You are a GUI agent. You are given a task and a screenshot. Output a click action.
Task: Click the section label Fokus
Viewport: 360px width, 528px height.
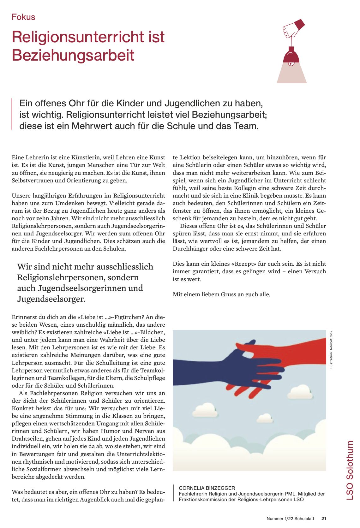(x=23, y=17)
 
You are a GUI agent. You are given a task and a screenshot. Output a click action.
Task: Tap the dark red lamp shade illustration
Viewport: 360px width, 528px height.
(x=291, y=56)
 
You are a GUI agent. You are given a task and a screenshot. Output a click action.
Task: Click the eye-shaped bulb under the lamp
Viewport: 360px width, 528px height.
(x=291, y=64)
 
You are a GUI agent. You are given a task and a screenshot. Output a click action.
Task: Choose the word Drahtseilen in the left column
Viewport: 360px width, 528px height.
(x=28, y=439)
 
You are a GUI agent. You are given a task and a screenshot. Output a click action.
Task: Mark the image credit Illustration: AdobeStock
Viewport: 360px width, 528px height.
(x=331, y=350)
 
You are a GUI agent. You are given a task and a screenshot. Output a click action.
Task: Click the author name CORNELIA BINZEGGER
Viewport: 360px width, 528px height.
(x=207, y=488)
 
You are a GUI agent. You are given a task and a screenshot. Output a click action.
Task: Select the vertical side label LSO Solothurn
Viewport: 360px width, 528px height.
(x=350, y=470)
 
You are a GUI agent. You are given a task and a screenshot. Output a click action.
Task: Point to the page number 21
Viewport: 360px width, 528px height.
(x=324, y=519)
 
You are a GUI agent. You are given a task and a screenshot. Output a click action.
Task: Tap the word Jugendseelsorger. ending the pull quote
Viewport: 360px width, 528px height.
(x=51, y=299)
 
